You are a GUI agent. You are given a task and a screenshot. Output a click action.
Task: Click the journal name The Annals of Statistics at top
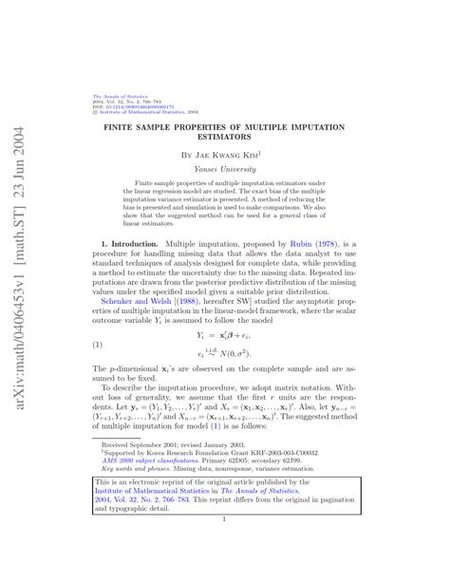tap(113, 96)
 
